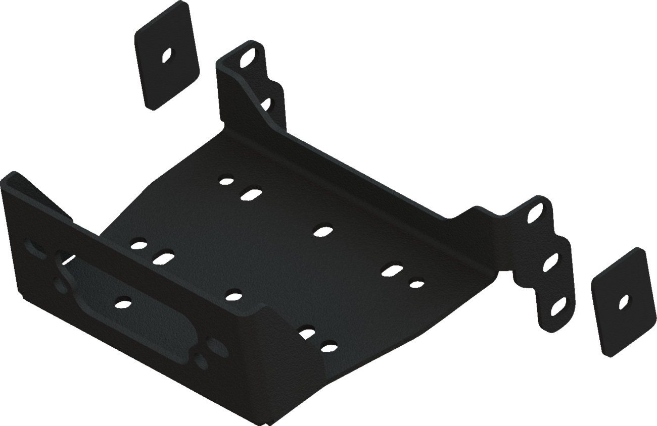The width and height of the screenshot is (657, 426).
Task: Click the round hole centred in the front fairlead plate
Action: [x=123, y=302]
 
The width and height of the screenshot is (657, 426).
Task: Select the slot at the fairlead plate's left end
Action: [x=34, y=248]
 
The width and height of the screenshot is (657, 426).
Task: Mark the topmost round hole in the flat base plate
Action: [x=226, y=179]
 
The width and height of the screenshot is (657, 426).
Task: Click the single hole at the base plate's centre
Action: [x=320, y=231]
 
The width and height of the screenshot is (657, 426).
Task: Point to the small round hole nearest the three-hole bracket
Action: [x=416, y=283]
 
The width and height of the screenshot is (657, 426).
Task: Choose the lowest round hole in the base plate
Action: [x=329, y=346]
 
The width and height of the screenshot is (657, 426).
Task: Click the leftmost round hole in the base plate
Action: [x=137, y=243]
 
